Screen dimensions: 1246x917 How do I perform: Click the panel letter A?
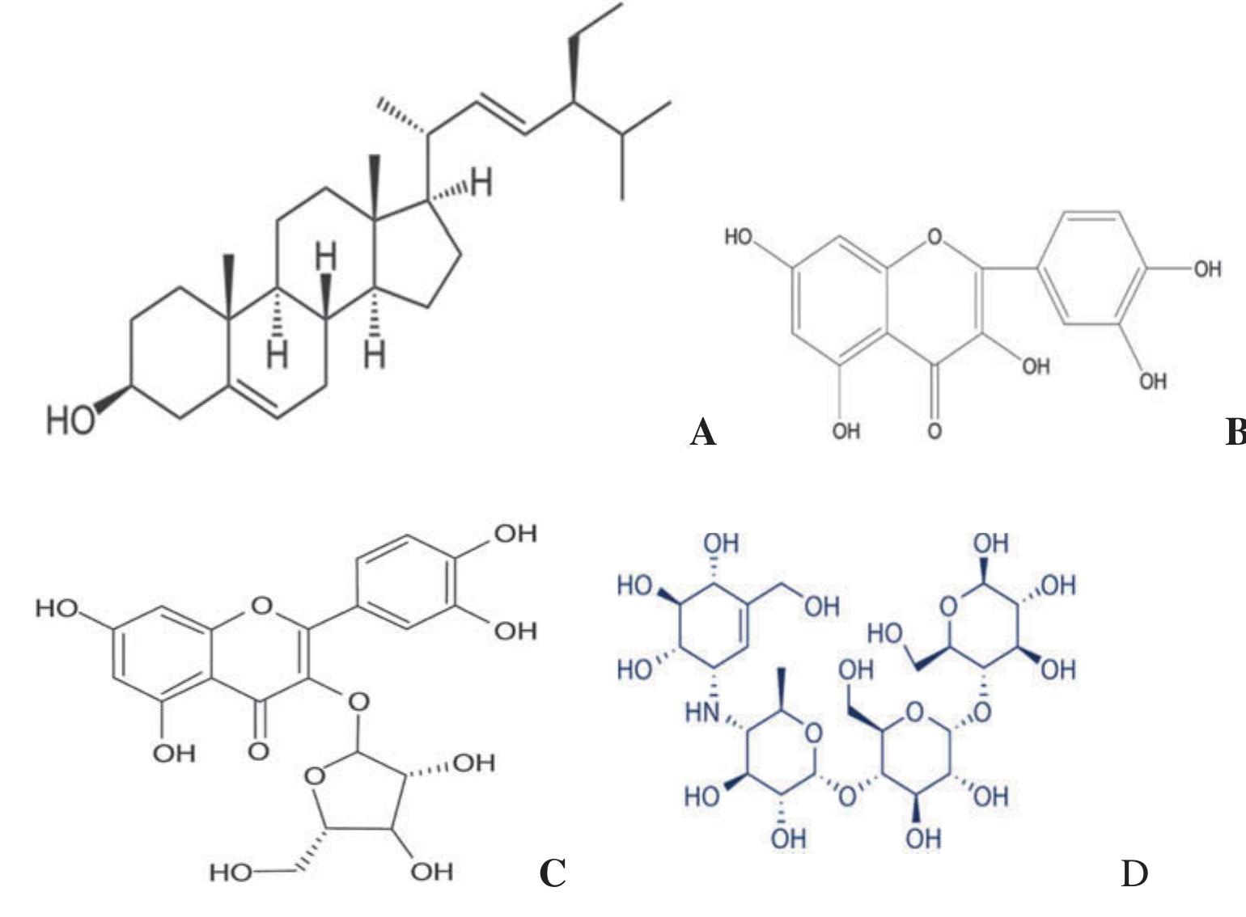click(x=703, y=432)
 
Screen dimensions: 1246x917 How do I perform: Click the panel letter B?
click(x=1236, y=432)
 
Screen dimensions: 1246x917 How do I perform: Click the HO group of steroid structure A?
click(x=70, y=420)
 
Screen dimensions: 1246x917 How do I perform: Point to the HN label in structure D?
click(x=702, y=712)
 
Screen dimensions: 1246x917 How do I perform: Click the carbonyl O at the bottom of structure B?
click(x=934, y=431)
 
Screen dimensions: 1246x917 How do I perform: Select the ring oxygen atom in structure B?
click(x=935, y=237)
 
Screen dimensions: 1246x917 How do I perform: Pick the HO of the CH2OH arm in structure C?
click(x=231, y=873)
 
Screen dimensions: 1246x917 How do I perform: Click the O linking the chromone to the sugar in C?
click(x=358, y=702)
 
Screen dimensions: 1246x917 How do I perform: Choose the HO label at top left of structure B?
click(x=738, y=237)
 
